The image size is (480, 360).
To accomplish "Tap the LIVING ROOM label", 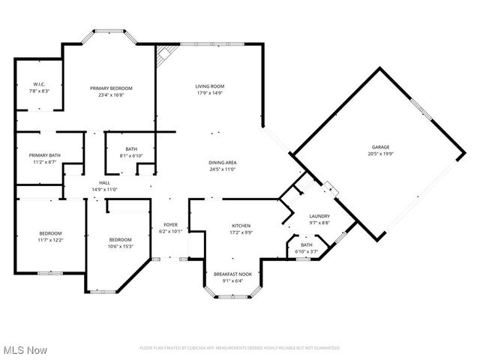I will click(210, 86).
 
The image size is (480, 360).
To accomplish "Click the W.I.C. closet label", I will click(40, 84).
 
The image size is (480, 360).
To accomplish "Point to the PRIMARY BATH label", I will click(45, 155).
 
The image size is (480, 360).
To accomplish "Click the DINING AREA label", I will click(223, 163).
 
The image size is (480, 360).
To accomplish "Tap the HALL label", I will click(105, 183).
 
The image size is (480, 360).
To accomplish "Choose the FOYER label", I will click(171, 224).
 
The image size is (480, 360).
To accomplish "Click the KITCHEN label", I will click(241, 225).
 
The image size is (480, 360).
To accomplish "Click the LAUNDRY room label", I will click(319, 216).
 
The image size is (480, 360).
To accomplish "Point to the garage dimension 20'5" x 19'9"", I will click(381, 154).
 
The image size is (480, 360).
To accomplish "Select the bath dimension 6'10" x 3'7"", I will click(307, 251).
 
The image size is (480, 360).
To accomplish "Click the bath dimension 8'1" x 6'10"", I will click(131, 155).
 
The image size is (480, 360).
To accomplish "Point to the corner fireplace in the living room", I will click(166, 53).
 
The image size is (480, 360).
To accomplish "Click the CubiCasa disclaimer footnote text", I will click(240, 348).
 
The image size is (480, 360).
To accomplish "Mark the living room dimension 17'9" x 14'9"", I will click(210, 93).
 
